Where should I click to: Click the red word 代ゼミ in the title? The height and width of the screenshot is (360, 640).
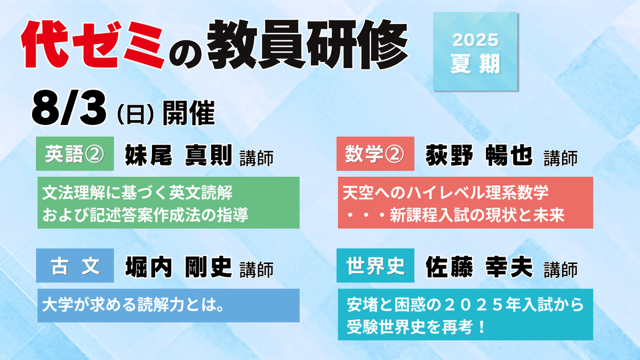pyautogui.click(x=93, y=45)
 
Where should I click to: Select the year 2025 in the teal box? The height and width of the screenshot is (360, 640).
pyautogui.click(x=475, y=40)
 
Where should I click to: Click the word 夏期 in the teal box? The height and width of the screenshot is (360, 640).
pyautogui.click(x=475, y=63)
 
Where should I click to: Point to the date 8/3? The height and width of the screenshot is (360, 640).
pyautogui.click(x=69, y=109)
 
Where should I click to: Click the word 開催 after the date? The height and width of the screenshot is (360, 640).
pyautogui.click(x=189, y=113)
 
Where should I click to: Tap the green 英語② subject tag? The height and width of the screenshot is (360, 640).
pyautogui.click(x=75, y=154)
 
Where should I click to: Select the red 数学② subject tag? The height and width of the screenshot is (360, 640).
pyautogui.click(x=375, y=154)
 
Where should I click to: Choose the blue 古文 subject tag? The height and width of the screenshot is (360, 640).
pyautogui.click(x=75, y=266)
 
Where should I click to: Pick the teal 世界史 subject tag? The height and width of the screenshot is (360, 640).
pyautogui.click(x=375, y=266)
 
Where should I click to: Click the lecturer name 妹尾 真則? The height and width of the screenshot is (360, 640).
pyautogui.click(x=179, y=155)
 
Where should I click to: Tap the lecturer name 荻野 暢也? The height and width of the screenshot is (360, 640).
pyautogui.click(x=479, y=155)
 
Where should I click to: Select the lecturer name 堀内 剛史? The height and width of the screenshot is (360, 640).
pyautogui.click(x=179, y=267)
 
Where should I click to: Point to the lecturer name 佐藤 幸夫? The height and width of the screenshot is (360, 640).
pyautogui.click(x=479, y=267)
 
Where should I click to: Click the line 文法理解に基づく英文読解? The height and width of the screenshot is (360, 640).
pyautogui.click(x=138, y=193)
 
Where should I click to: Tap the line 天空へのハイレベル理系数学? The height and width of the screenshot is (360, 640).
pyautogui.click(x=445, y=193)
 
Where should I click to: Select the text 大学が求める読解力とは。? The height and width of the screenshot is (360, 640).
pyautogui.click(x=133, y=305)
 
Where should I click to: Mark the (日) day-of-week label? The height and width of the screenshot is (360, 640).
pyautogui.click(x=135, y=115)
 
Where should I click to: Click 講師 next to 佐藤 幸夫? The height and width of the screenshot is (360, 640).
pyautogui.click(x=561, y=270)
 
